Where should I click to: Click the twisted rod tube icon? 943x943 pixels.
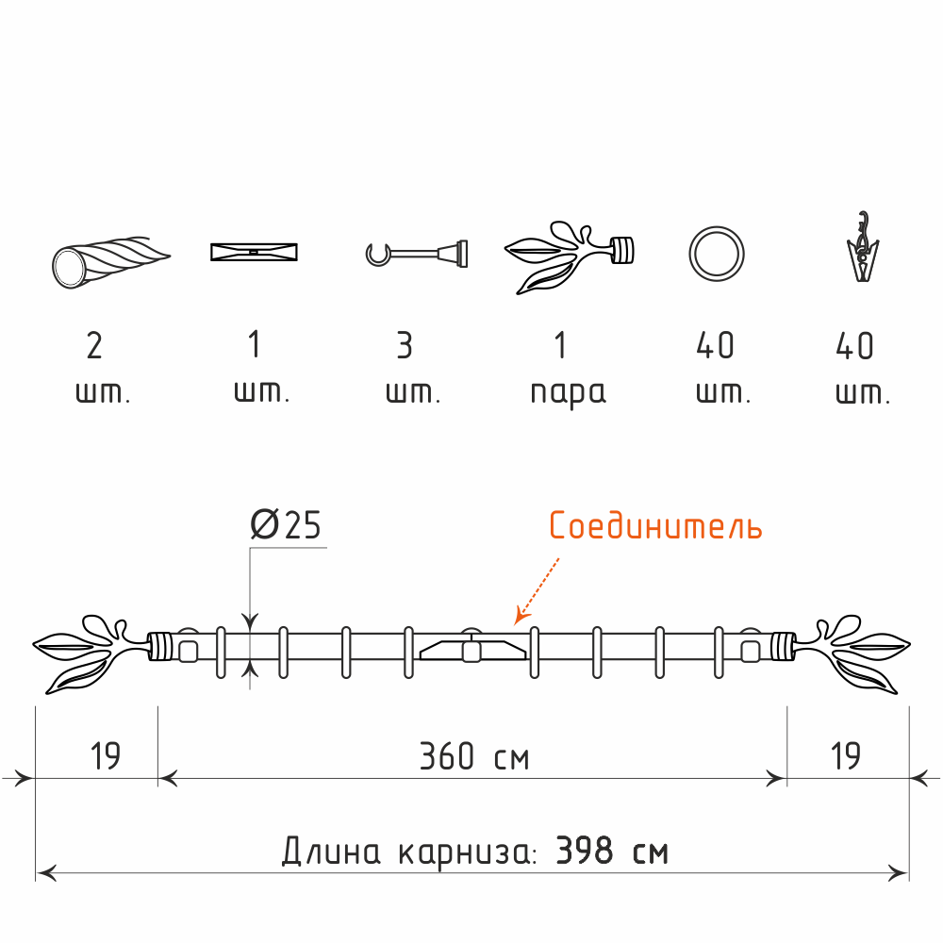pos(110,262)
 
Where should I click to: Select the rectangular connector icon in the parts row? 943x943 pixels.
pos(254,252)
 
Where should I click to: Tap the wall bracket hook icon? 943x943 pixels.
pos(416,253)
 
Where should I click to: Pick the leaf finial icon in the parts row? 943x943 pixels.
pos(569,256)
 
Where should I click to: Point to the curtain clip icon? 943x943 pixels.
pos(863,246)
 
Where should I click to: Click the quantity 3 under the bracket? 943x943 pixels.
pos(405,345)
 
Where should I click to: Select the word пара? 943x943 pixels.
pos(568,393)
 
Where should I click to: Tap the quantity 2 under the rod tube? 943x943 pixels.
pos(94,345)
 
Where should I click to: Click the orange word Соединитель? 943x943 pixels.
pos(655,525)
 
